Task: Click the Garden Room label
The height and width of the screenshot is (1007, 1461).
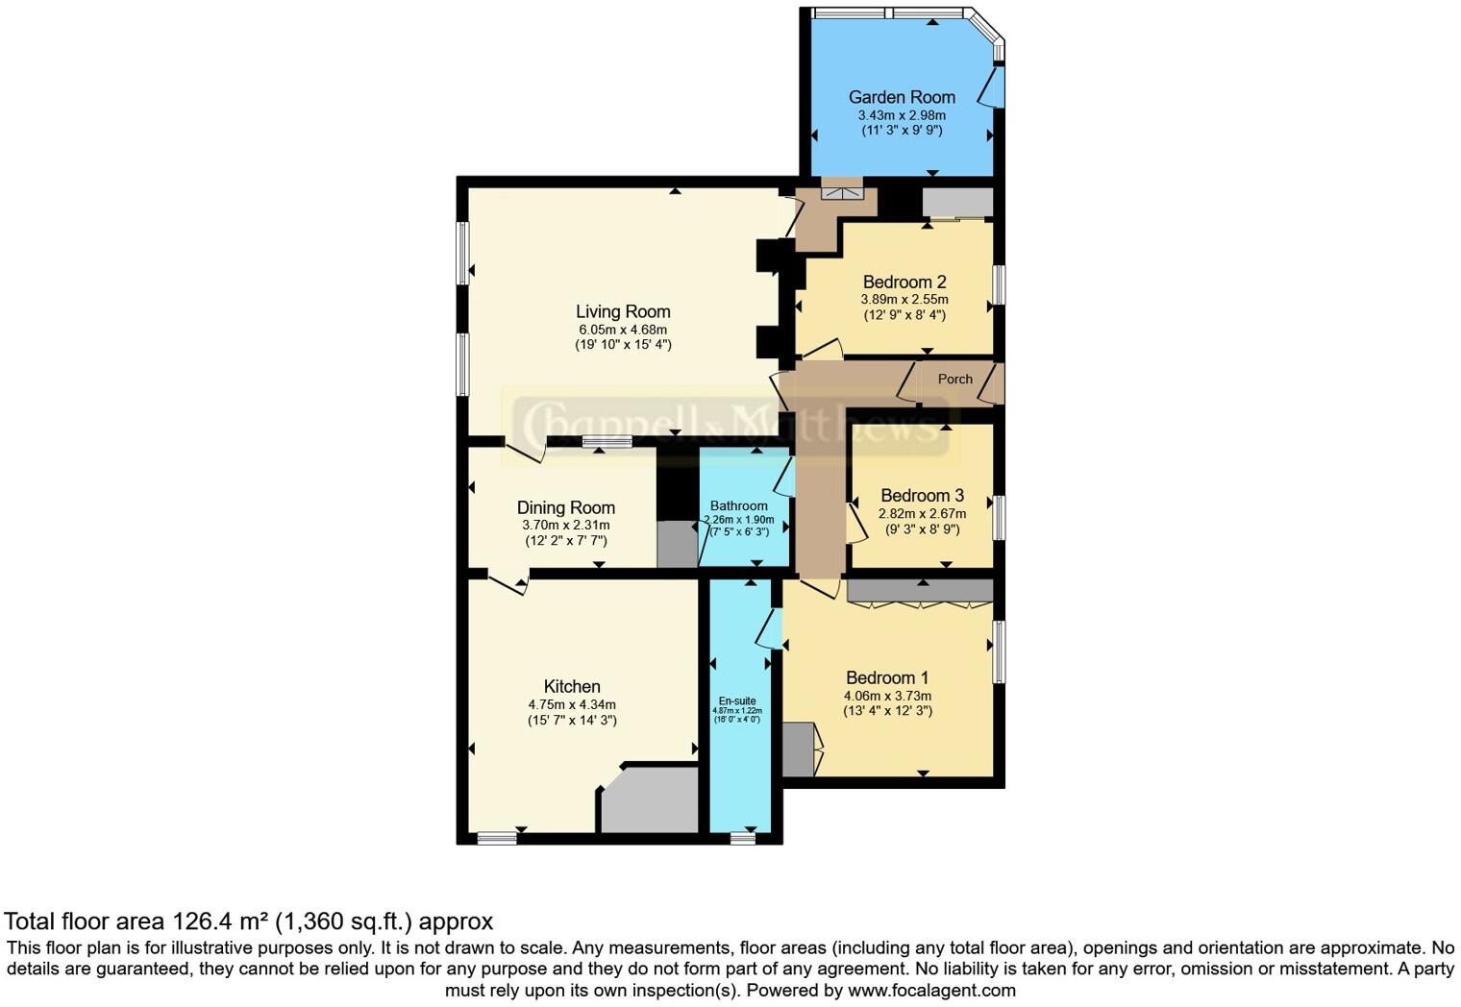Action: (901, 97)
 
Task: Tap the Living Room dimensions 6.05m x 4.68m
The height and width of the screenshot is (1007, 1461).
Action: (622, 330)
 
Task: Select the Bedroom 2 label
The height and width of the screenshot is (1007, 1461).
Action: (904, 282)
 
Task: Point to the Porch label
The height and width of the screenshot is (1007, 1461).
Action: (954, 380)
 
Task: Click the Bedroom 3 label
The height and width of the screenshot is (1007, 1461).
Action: (922, 496)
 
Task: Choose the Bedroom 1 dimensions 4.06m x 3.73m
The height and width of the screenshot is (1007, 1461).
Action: (887, 696)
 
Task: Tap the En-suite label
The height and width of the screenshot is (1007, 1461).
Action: (737, 701)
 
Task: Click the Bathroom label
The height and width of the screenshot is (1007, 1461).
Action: (738, 506)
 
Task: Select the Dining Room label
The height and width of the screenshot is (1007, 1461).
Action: (565, 508)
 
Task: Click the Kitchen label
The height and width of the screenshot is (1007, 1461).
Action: (572, 687)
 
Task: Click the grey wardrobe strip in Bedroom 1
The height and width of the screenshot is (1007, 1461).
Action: (919, 591)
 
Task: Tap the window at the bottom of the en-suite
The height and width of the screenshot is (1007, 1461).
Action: (742, 839)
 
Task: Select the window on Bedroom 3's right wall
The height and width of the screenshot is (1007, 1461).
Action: (999, 517)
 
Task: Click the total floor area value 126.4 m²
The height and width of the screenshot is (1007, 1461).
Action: (220, 921)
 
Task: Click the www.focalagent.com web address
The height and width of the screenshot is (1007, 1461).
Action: (931, 990)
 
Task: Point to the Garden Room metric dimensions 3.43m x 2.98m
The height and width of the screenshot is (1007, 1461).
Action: (901, 115)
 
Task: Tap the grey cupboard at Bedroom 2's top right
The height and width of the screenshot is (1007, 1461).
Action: (956, 203)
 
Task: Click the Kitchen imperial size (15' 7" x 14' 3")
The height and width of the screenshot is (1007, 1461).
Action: (572, 720)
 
